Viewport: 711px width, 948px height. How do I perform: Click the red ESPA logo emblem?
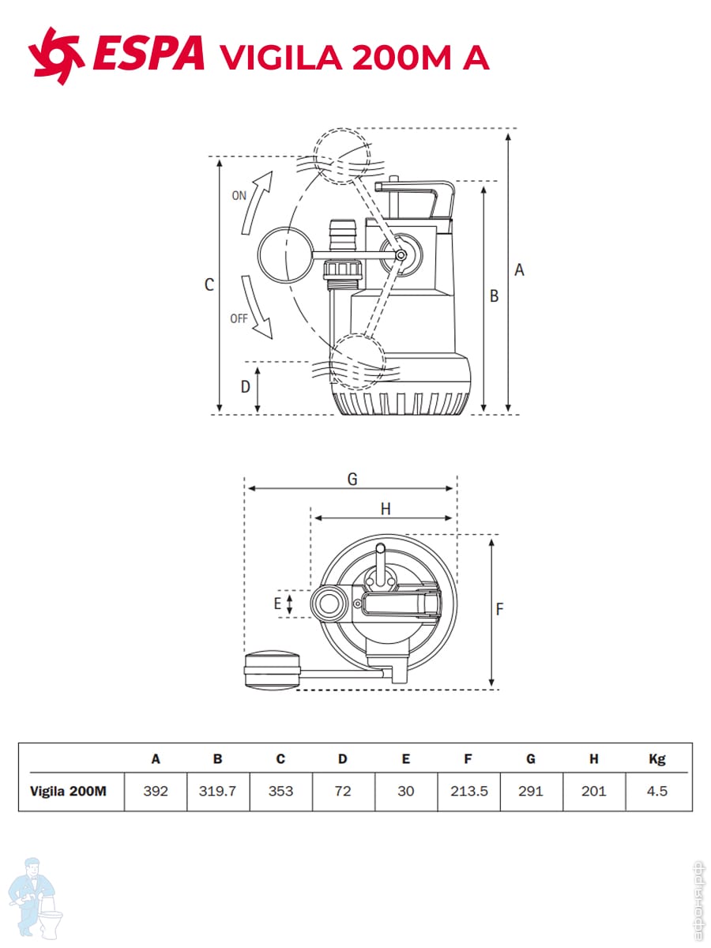(x=55, y=56)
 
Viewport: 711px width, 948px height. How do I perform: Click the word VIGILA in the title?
(x=280, y=57)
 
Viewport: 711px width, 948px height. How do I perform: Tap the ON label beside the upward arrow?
(x=239, y=196)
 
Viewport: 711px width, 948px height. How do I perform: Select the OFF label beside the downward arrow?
(x=239, y=318)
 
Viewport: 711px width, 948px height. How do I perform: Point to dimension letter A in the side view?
(x=519, y=270)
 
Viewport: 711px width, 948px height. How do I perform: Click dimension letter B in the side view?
(x=494, y=296)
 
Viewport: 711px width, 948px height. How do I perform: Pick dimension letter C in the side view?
(x=209, y=284)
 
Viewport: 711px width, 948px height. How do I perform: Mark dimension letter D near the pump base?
(x=245, y=386)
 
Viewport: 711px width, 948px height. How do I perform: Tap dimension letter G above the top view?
(x=352, y=479)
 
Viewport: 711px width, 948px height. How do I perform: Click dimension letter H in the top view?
(x=386, y=510)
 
